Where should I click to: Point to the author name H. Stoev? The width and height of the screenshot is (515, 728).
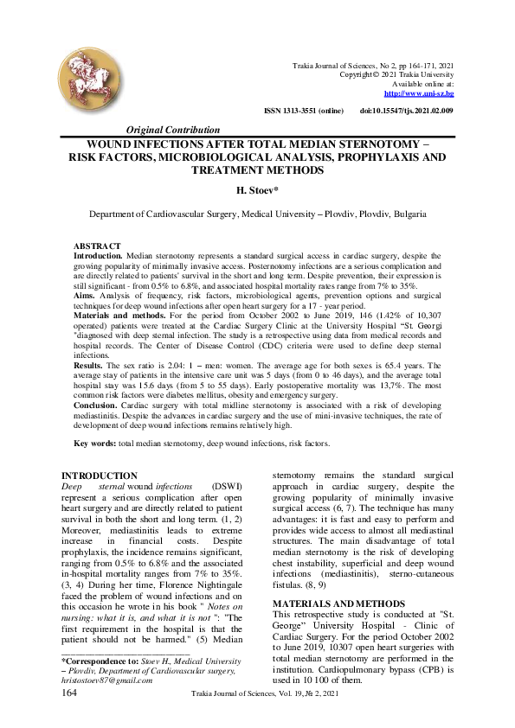click(x=257, y=188)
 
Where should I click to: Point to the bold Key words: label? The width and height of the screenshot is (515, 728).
click(x=95, y=443)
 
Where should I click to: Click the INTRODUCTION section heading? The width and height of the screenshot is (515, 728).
click(x=100, y=476)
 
